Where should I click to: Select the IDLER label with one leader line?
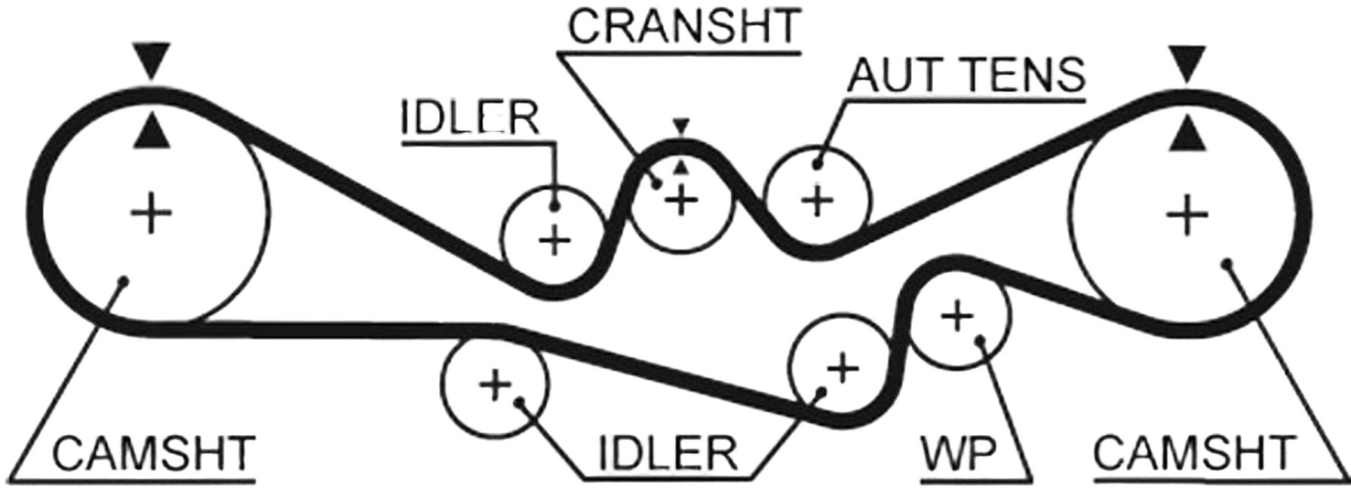tap(470, 119)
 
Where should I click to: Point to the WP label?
tap(958, 453)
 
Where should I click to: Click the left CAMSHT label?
tap(153, 453)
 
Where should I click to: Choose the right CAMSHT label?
tap(1194, 453)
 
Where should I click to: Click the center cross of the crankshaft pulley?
tap(680, 201)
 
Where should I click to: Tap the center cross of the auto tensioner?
tap(818, 201)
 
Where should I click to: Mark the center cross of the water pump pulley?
tap(956, 316)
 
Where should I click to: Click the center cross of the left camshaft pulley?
tap(151, 214)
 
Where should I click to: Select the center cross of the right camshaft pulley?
tap(1188, 215)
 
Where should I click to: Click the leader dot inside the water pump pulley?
tap(980, 341)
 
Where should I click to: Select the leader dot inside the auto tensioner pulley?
tap(818, 165)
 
